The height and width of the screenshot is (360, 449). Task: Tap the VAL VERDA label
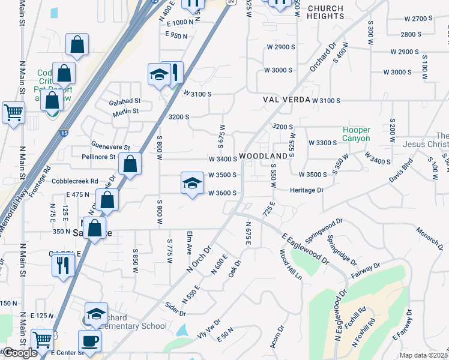(286, 100)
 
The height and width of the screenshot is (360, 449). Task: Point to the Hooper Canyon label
(357, 134)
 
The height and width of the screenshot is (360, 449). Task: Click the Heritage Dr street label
(307, 190)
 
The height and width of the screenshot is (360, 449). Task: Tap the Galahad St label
(124, 101)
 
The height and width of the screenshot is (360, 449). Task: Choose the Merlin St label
(124, 111)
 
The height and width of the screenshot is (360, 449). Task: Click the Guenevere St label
(110, 146)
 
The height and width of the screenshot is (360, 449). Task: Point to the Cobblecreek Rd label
(74, 181)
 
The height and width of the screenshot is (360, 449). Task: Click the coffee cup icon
(90, 341)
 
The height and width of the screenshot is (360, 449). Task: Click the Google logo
(19, 353)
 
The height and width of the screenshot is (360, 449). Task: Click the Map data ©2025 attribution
(423, 355)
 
